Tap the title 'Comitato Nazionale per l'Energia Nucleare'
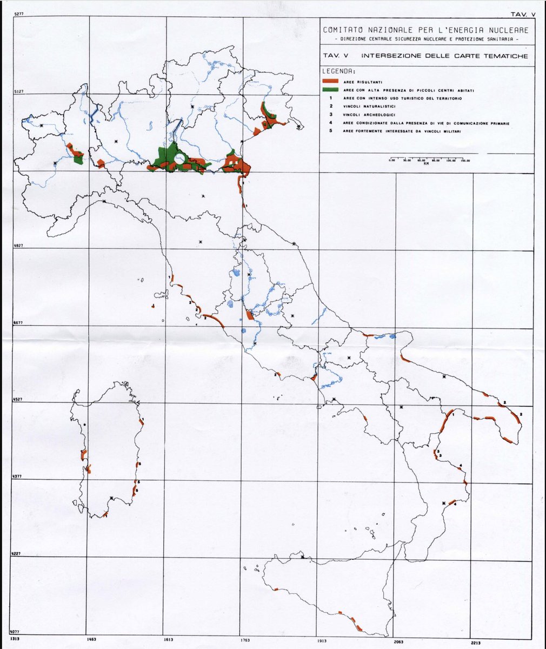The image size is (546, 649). tap(425, 30)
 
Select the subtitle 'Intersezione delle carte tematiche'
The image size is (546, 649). tap(443, 56)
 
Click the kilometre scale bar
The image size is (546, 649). tap(429, 161)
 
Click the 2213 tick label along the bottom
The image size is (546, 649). tap(475, 642)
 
